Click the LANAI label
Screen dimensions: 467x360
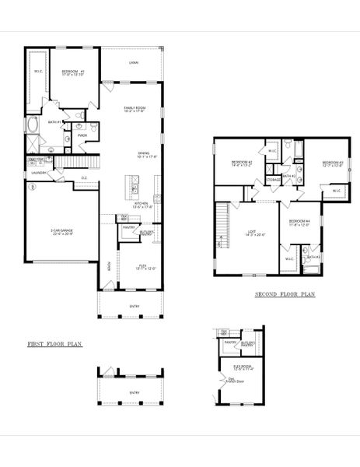pos(134,62)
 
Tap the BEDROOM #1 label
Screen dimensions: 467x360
pos(75,73)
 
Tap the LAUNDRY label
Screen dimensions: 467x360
pos(40,173)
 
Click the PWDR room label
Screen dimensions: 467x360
pos(82,135)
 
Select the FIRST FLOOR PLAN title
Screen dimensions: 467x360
pos(55,343)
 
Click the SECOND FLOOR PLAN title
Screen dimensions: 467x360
pos(285,295)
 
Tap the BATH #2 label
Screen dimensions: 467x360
pos(288,177)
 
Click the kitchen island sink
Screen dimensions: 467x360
pos(134,188)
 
